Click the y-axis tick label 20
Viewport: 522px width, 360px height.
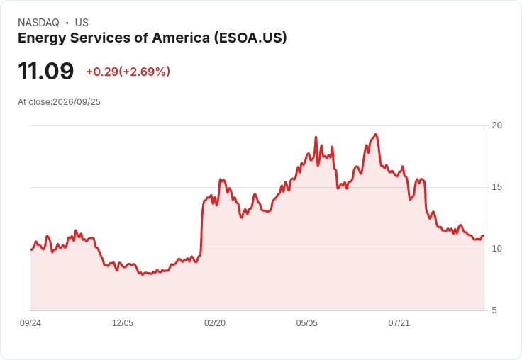(496, 125)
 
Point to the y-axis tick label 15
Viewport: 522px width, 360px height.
(496, 187)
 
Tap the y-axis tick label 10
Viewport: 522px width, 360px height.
(496, 249)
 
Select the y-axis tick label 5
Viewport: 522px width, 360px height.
(494, 310)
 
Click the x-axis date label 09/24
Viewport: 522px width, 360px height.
(30, 323)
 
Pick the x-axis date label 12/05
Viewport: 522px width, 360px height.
(123, 323)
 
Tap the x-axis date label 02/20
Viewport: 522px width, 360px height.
(215, 323)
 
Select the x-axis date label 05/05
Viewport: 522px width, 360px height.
(307, 323)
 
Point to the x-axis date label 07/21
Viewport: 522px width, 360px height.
(399, 323)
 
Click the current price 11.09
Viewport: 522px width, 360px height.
(46, 71)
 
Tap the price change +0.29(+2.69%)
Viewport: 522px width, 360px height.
(128, 72)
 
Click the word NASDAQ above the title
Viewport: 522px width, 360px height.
(38, 23)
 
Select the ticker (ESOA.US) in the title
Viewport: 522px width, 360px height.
(250, 38)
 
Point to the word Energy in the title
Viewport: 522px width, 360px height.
(42, 38)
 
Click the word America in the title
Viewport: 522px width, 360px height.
(181, 38)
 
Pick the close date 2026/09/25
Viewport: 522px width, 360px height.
(77, 102)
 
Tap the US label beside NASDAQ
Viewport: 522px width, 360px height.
(82, 23)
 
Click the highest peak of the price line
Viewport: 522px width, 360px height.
(375, 135)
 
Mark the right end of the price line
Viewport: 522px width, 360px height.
(484, 235)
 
